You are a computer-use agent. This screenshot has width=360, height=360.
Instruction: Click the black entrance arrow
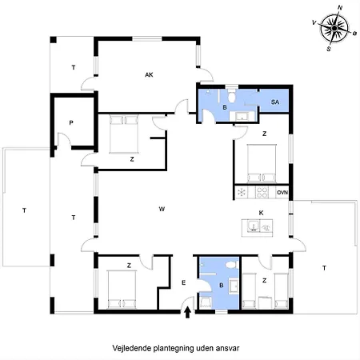point(187,313)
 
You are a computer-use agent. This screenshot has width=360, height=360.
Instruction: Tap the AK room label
point(149,75)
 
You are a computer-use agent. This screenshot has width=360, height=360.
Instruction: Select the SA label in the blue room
point(275,102)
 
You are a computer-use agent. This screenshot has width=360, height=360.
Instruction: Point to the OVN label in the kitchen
point(282,192)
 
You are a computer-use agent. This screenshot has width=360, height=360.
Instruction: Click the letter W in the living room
point(162,209)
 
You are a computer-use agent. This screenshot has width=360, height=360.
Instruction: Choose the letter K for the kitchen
point(261,213)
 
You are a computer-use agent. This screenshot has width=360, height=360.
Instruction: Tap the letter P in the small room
point(71,123)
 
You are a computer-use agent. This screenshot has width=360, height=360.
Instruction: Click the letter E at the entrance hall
point(183,282)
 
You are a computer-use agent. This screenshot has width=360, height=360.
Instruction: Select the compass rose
point(334,28)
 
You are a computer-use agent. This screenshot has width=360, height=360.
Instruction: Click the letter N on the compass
point(340,7)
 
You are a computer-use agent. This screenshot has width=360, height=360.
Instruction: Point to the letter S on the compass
point(329,49)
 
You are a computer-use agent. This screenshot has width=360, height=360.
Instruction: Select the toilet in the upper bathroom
point(232,96)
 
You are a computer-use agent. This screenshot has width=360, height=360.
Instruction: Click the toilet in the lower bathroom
point(230,265)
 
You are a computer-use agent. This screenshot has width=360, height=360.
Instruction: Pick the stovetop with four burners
point(262,192)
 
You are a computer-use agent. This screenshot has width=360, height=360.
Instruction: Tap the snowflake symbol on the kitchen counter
point(242,192)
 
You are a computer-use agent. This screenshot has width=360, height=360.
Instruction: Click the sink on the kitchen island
point(253,226)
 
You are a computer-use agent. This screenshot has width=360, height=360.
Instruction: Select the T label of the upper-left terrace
point(74,67)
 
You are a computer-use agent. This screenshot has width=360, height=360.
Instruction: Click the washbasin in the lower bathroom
point(234,286)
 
